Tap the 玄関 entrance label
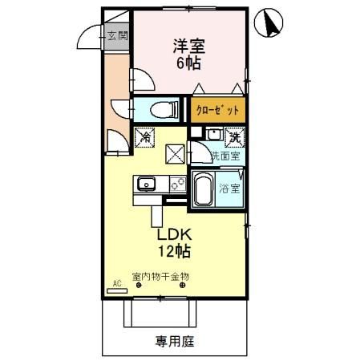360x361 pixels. (117, 36)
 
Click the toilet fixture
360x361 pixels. (160, 108)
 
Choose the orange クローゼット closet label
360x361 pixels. (216, 110)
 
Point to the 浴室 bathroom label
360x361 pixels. (231, 190)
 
